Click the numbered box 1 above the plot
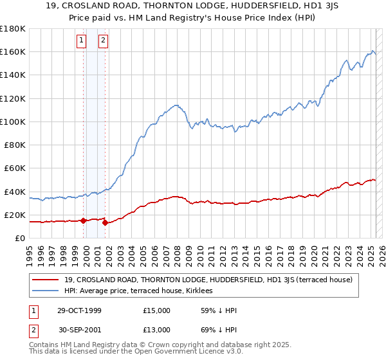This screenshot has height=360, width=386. (x=82, y=41)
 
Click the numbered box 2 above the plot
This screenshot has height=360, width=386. (x=103, y=41)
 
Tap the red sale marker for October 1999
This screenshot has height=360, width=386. (x=84, y=221)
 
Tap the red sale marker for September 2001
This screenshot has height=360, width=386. (x=105, y=223)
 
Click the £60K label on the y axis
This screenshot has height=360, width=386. (x=15, y=168)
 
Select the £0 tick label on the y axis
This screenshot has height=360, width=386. (x=19, y=238)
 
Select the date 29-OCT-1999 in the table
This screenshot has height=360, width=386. (x=79, y=310)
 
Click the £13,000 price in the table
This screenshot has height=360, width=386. (x=157, y=329)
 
